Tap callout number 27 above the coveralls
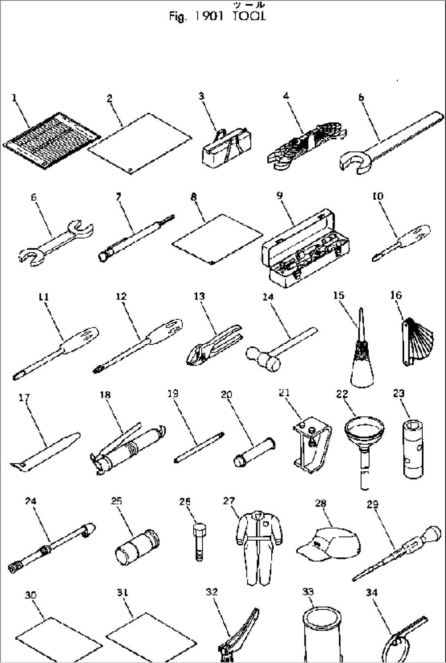(x=229, y=501)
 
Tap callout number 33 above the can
(x=309, y=592)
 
